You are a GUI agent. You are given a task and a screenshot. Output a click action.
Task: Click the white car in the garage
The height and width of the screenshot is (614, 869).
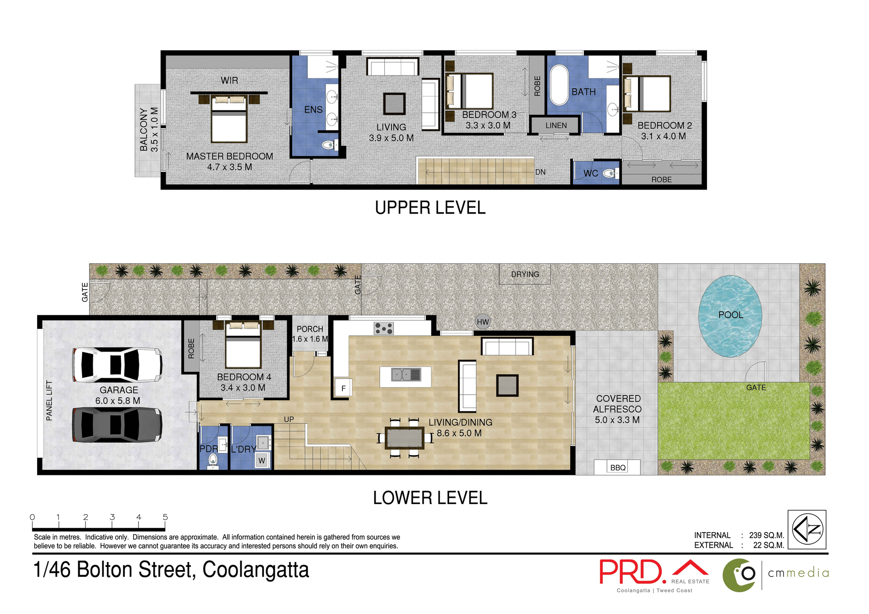point(117,365)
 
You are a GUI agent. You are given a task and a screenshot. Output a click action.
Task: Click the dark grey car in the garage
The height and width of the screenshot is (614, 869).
point(117,424)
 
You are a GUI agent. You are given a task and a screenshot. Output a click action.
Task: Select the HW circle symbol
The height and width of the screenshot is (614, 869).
point(483,322)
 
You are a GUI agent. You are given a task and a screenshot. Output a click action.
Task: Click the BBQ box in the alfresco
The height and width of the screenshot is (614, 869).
point(617,467)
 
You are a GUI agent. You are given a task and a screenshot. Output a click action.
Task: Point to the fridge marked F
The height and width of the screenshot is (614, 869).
point(343,388)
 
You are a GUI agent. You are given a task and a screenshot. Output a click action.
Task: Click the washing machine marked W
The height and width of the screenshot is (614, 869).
point(262,461)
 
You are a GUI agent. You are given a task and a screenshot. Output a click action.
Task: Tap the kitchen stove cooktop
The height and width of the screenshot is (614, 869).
point(383,328)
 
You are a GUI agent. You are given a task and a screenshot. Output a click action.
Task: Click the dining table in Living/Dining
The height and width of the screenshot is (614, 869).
point(405,438)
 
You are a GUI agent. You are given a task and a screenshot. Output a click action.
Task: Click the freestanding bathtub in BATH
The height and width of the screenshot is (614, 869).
point(559,85)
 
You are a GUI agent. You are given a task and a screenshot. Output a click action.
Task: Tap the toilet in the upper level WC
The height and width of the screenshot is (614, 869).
point(609,173)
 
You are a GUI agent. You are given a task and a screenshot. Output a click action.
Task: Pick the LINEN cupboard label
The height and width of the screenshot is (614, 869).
point(556,125)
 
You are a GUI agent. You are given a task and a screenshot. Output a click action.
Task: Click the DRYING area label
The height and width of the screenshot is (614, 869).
point(525,274)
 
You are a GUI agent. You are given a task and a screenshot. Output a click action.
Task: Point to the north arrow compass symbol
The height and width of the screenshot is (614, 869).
point(807,529)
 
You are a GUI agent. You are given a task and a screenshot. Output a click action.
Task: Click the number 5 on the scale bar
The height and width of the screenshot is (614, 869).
point(165,517)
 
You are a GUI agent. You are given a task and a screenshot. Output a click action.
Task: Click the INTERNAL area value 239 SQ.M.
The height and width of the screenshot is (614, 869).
point(766,535)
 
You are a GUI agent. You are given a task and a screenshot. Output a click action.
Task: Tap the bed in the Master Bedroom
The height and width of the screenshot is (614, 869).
point(229,120)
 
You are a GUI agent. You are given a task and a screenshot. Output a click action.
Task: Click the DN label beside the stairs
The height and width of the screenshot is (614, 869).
point(540,172)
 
